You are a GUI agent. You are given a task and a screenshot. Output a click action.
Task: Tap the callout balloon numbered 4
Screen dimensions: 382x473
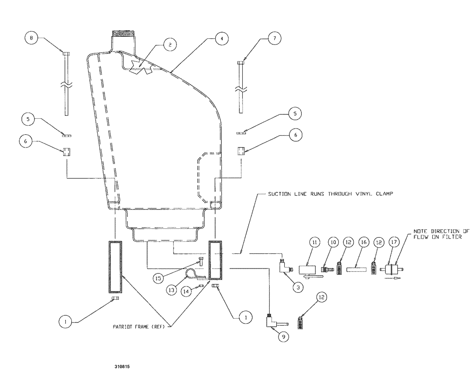pos(219,39)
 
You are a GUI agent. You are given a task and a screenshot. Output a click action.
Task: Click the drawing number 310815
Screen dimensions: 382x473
pos(122,365)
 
